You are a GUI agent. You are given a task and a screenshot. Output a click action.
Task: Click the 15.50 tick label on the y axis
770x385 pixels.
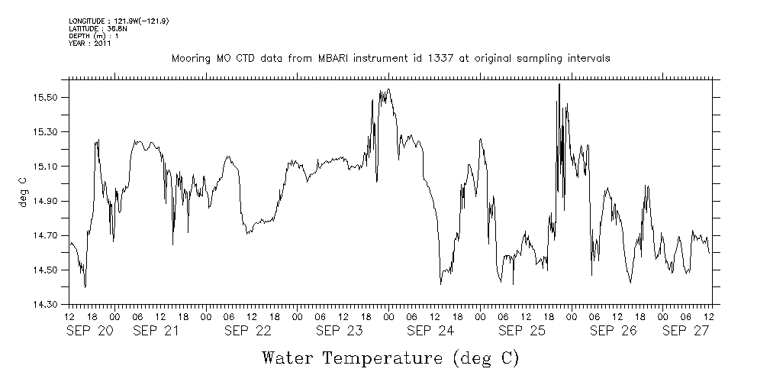point(48,98)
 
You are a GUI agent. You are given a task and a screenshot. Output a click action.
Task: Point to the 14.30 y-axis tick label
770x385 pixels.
point(48,305)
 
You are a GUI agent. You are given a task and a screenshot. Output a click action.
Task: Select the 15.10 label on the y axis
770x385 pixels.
point(48,167)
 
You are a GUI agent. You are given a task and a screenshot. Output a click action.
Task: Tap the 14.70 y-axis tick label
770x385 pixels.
point(48,236)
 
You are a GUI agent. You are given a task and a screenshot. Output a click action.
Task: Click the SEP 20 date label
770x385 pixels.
point(90,331)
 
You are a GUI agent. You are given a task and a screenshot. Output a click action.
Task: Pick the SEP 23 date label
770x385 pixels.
point(340,331)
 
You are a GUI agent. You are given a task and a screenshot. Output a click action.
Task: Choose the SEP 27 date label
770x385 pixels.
point(686,331)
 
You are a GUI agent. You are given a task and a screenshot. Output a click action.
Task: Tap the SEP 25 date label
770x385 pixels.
point(522,331)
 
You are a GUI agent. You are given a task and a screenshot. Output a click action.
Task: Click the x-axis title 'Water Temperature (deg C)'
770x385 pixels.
point(391,357)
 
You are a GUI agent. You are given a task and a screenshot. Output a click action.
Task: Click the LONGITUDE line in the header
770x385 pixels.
point(118,21)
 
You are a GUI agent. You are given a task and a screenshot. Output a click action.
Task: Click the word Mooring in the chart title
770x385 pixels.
point(189,59)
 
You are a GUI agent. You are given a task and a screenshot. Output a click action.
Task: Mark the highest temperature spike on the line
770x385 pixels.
point(559,85)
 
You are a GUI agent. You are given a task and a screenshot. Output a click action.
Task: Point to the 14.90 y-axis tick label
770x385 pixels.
point(48,202)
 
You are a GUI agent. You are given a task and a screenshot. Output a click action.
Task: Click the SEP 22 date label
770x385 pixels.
point(249,331)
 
